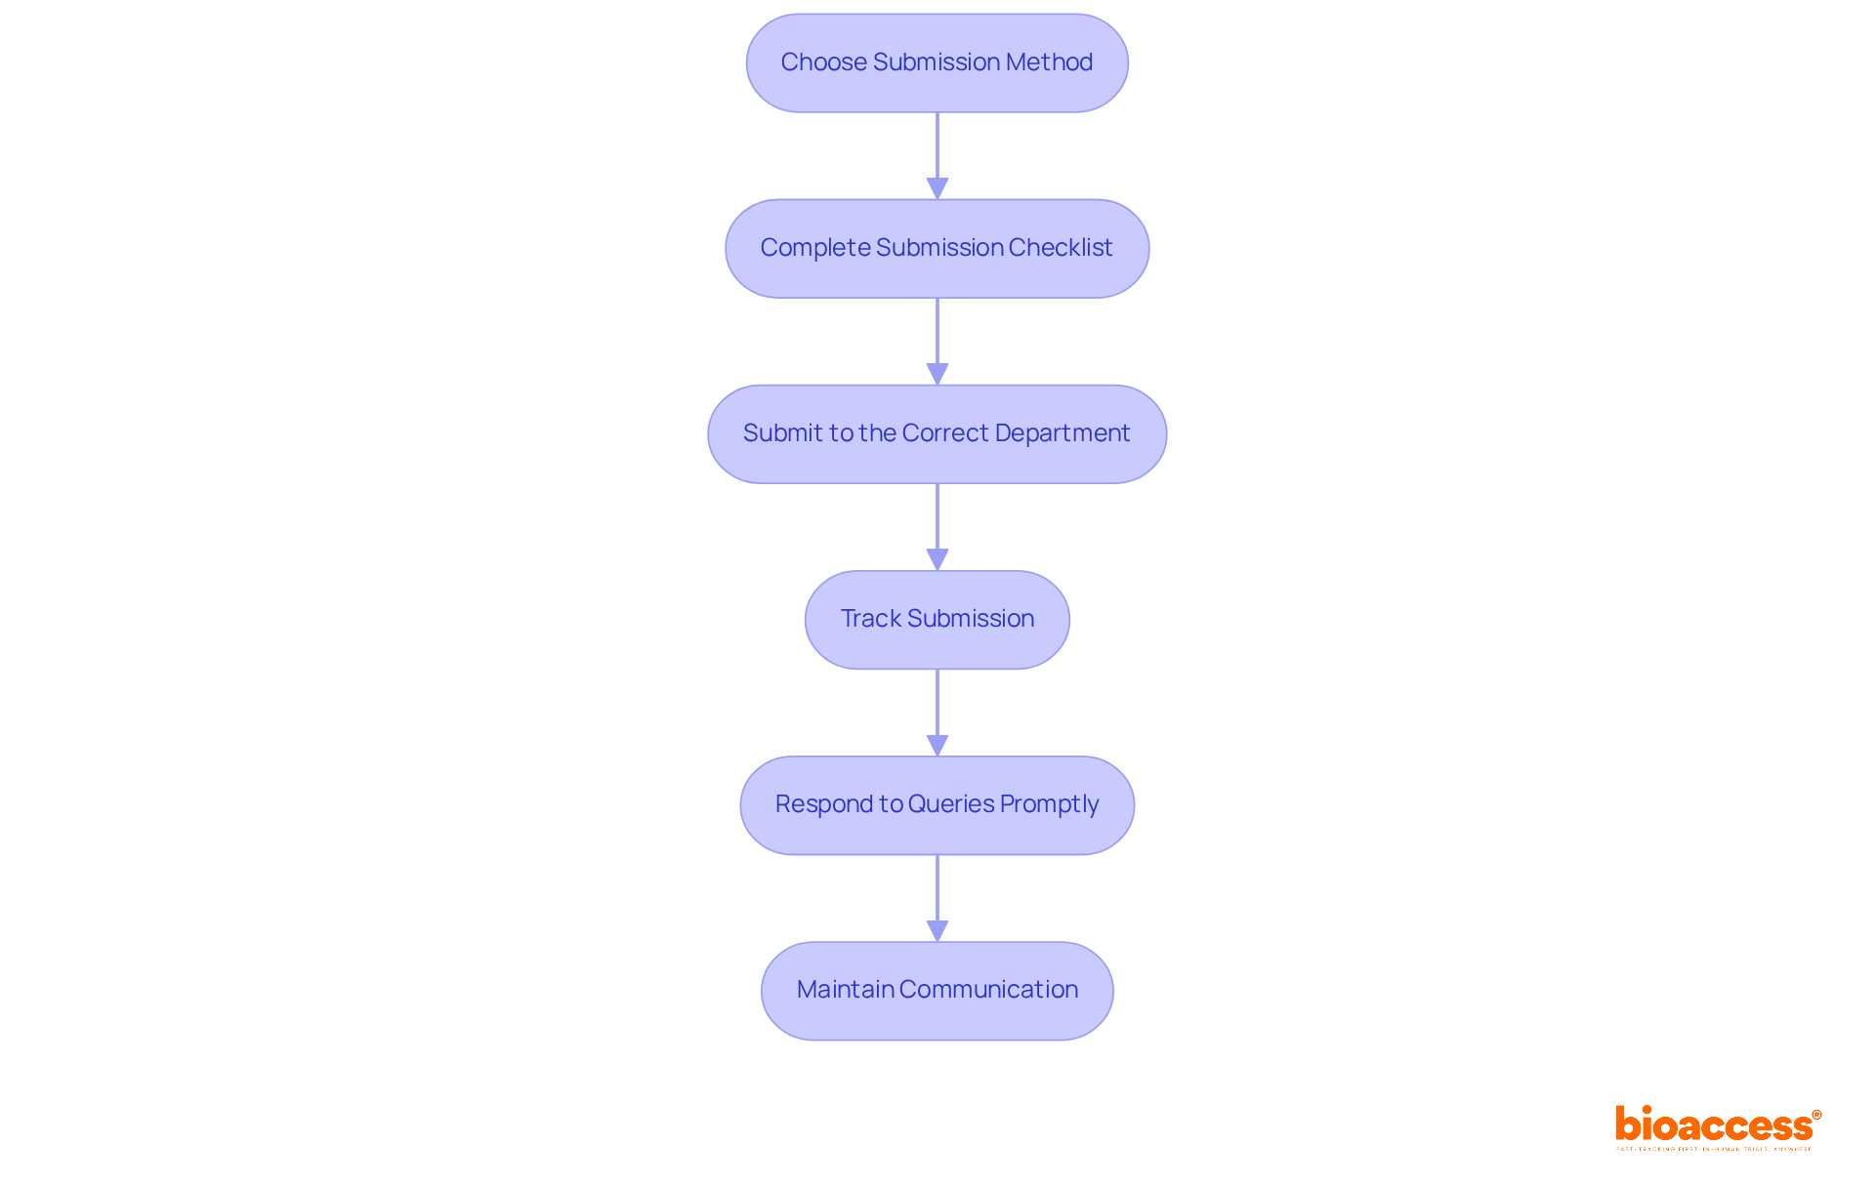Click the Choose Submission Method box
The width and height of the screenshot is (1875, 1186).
tap(937, 62)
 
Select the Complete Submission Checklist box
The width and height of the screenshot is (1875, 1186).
tap(937, 248)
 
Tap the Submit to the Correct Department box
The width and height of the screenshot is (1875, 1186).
tap(937, 433)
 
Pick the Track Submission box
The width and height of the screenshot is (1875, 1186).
tap(937, 619)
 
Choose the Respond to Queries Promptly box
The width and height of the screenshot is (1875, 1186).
tap(937, 804)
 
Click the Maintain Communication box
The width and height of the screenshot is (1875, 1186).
tap(937, 990)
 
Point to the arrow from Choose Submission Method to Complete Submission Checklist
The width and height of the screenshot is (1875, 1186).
tap(937, 154)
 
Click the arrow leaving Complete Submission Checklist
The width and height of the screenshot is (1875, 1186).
tap(937, 340)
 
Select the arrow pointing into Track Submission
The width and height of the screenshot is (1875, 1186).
tap(937, 525)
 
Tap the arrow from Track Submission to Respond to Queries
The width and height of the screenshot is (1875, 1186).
tap(937, 711)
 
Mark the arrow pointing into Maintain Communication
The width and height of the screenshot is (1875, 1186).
tap(937, 896)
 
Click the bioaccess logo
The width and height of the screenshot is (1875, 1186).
tap(1717, 1126)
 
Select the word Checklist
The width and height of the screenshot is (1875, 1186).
tap(1061, 248)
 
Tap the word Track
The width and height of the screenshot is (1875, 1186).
tap(871, 619)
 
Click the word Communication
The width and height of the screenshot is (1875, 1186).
tap(988, 990)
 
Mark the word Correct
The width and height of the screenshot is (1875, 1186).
tap(945, 433)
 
